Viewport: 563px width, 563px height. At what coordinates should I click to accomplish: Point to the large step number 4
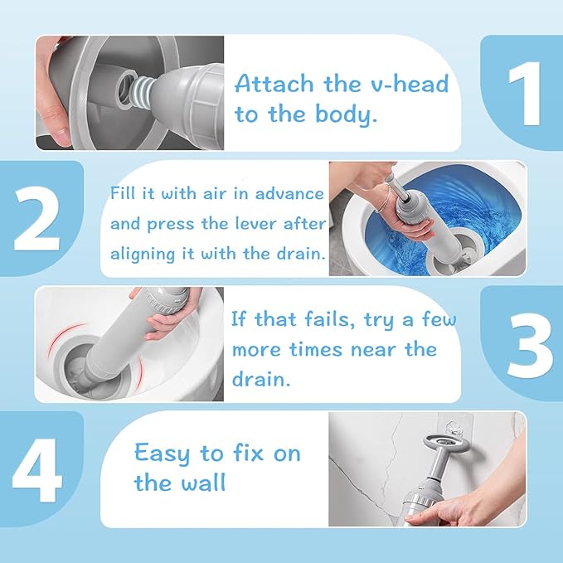[x=38, y=468]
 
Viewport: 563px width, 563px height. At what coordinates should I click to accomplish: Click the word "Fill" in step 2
[x=124, y=193]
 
